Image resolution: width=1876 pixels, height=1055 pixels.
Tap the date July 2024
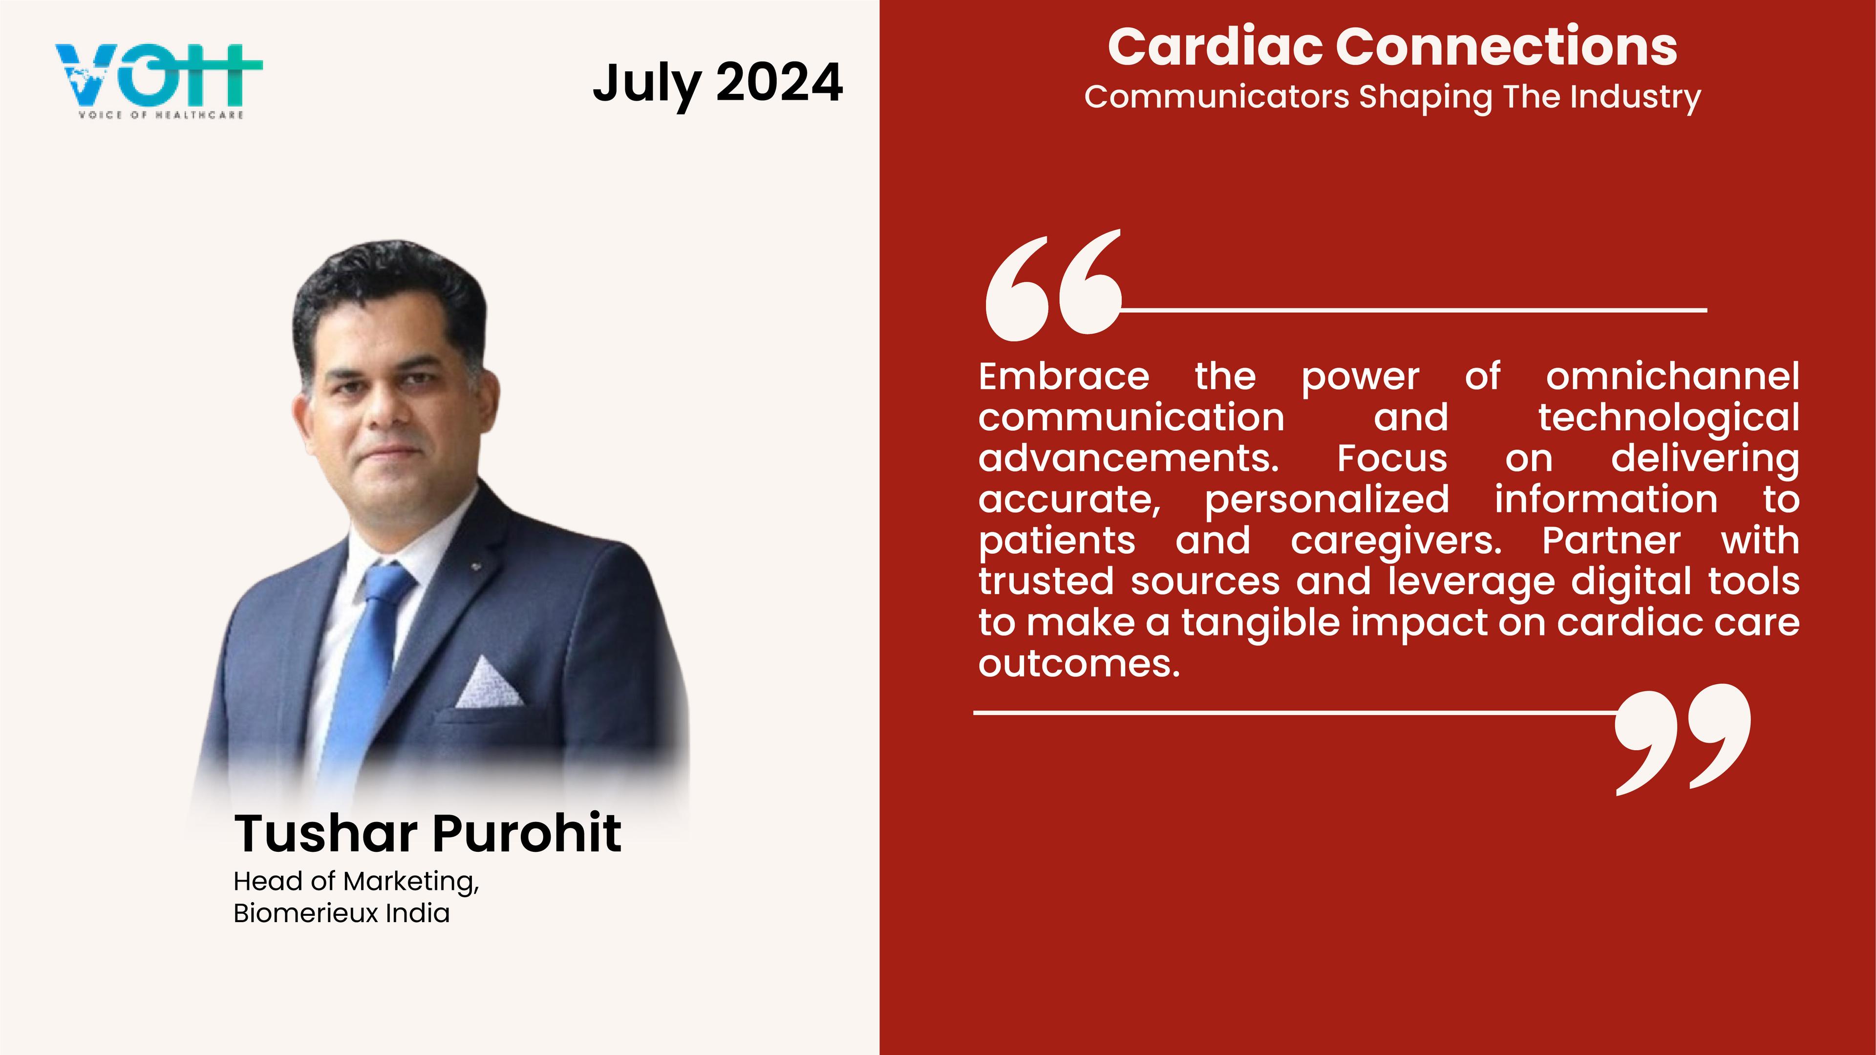pyautogui.click(x=718, y=84)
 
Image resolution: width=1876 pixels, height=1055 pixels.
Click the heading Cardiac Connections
pyautogui.click(x=1392, y=46)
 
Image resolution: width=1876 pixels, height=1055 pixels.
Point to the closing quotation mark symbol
pyautogui.click(x=1682, y=739)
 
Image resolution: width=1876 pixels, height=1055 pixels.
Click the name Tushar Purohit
pyautogui.click(x=427, y=833)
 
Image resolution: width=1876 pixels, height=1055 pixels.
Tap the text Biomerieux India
pyautogui.click(x=341, y=913)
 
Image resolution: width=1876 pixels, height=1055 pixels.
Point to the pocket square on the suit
pyautogui.click(x=489, y=683)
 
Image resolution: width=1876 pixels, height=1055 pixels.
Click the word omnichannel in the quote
pyautogui.click(x=1673, y=377)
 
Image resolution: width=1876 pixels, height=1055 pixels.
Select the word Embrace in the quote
pyautogui.click(x=1064, y=377)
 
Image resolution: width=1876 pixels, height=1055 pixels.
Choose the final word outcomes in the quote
pyautogui.click(x=1079, y=663)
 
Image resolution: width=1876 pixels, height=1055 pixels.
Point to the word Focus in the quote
pyautogui.click(x=1392, y=459)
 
